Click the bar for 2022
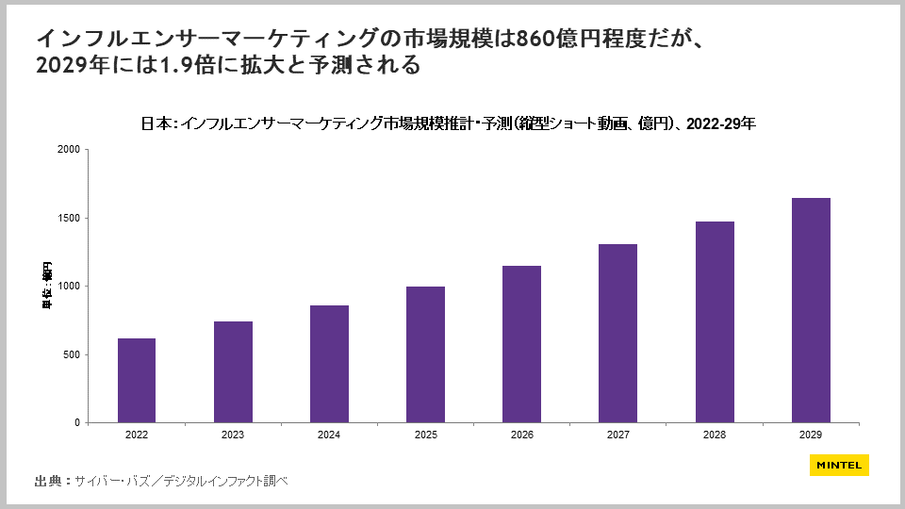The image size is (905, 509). click(137, 380)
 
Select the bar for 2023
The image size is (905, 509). click(233, 371)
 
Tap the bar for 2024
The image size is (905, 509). click(329, 364)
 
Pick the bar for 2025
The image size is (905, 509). click(425, 354)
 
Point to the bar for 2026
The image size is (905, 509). click(521, 344)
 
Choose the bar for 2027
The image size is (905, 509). click(617, 333)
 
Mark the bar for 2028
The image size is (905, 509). click(714, 321)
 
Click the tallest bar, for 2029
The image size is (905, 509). click(810, 310)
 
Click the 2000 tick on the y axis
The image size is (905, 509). click(68, 150)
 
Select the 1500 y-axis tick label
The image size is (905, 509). click(68, 218)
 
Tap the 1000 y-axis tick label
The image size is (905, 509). click(68, 287)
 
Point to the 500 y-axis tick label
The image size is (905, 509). click(71, 354)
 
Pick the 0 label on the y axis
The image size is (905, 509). click(77, 423)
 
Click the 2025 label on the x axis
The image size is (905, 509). click(425, 435)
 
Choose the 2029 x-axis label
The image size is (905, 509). click(810, 435)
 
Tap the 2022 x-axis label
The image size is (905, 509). click(137, 435)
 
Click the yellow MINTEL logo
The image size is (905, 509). click(839, 465)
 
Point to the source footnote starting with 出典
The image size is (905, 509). click(160, 481)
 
